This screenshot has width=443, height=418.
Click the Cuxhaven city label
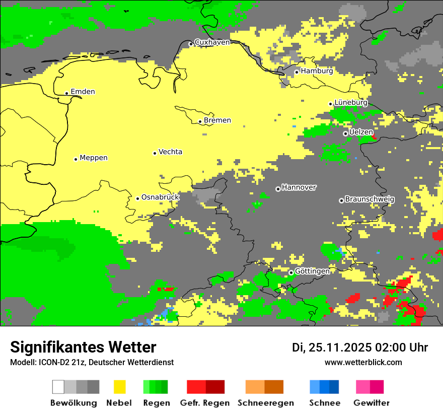tap(212, 42)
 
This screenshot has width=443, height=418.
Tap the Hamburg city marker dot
tap(297, 72)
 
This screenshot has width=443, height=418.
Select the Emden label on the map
tap(83, 92)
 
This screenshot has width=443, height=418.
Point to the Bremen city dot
tap(200, 121)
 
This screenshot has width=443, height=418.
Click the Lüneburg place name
tap(351, 103)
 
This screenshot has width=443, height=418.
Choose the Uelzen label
tap(361, 132)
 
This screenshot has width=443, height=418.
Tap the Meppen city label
tap(94, 158)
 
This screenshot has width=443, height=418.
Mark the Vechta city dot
tap(155, 153)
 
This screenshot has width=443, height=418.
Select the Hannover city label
tap(299, 187)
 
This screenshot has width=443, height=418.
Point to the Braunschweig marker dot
tap(341, 200)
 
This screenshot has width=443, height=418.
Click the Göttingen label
tap(312, 271)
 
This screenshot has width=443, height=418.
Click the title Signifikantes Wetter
tap(83, 347)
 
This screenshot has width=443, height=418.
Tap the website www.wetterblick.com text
tap(363, 363)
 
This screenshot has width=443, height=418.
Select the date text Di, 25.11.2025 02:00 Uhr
tap(360, 347)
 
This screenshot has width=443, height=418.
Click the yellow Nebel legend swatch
tap(119, 387)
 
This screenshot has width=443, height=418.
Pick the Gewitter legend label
tap(371, 403)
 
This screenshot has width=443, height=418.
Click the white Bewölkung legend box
tap(58, 387)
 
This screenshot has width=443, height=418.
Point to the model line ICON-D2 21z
tap(92, 363)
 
